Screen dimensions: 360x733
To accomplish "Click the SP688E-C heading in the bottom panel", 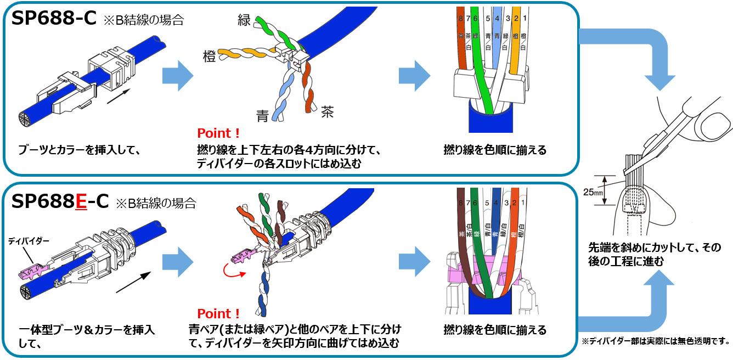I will (60, 202).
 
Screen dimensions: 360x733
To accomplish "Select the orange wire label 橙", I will (209, 55).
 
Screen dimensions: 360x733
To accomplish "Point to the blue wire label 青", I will (262, 116).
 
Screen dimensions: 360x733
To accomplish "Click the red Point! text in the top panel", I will (218, 134).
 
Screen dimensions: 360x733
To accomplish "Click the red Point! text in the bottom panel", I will (218, 314).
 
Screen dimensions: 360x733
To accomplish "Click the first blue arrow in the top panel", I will (177, 76).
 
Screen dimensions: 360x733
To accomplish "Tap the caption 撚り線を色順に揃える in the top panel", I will (495, 150).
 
